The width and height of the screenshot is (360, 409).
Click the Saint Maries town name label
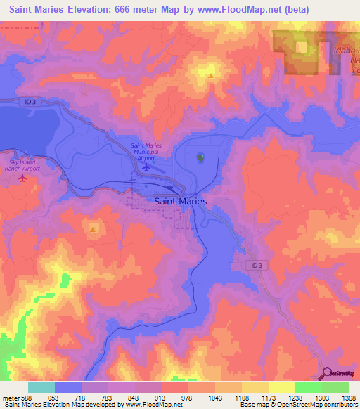coord(180,201)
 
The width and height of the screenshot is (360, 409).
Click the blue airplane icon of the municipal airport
coord(146,168)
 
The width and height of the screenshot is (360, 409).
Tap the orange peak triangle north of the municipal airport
coord(210,74)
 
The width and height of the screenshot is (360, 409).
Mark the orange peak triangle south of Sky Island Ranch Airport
coord(93,229)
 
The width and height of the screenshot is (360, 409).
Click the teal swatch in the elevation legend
coord(41,388)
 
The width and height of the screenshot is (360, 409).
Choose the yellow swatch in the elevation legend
coord(281,388)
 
